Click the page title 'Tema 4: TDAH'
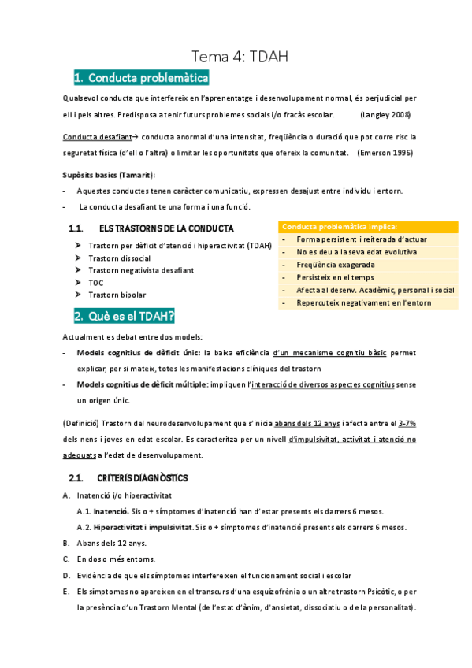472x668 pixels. pyautogui.click(x=240, y=56)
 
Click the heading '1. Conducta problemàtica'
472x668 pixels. pyautogui.click(x=141, y=78)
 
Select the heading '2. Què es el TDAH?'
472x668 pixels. pyautogui.click(x=125, y=317)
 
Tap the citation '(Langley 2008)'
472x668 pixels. pyautogui.click(x=385, y=115)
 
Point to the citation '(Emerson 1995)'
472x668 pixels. pyautogui.click(x=385, y=152)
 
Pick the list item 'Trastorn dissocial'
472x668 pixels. pyautogui.click(x=120, y=258)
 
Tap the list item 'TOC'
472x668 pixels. pyautogui.click(x=96, y=282)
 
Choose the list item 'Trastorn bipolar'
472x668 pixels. pyautogui.click(x=117, y=294)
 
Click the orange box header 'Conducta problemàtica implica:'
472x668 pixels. pyautogui.click(x=340, y=226)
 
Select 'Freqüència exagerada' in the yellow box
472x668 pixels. pyautogui.click(x=336, y=265)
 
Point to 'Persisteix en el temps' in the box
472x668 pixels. pyautogui.click(x=339, y=277)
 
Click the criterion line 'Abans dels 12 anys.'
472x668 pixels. pyautogui.click(x=111, y=543)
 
